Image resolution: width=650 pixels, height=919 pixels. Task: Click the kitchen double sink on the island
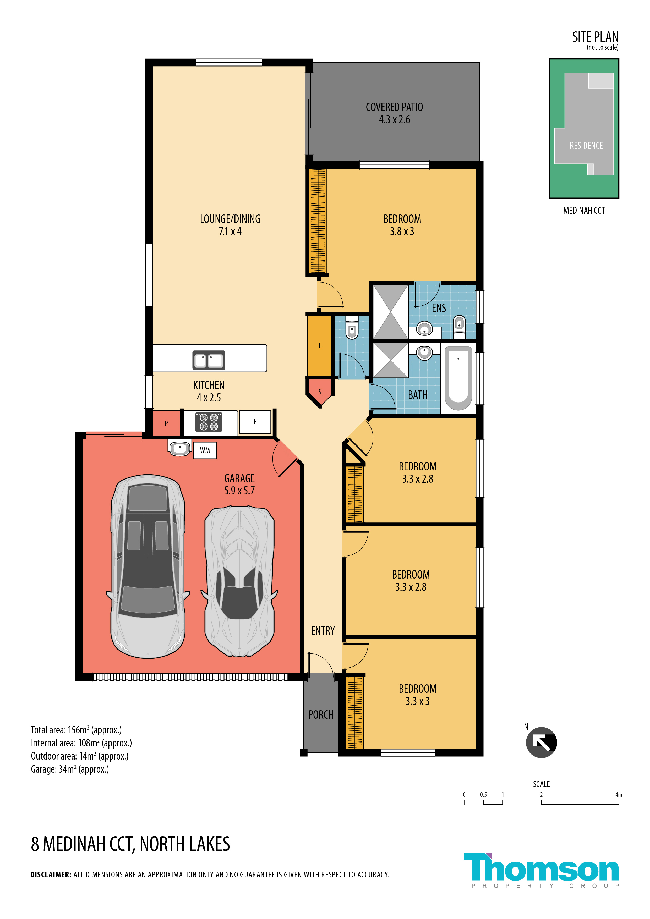click(209, 360)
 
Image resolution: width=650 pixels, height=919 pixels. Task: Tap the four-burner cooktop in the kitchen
click(209, 422)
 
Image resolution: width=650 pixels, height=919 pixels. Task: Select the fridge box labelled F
click(255, 422)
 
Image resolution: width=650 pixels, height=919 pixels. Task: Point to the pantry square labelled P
click(166, 423)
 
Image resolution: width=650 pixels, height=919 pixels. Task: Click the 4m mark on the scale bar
click(619, 795)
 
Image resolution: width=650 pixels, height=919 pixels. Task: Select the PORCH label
click(321, 714)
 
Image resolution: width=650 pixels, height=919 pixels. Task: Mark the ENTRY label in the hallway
click(323, 630)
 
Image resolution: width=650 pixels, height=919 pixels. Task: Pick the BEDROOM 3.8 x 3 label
click(402, 225)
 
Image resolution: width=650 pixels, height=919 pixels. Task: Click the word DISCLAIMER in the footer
click(51, 874)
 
